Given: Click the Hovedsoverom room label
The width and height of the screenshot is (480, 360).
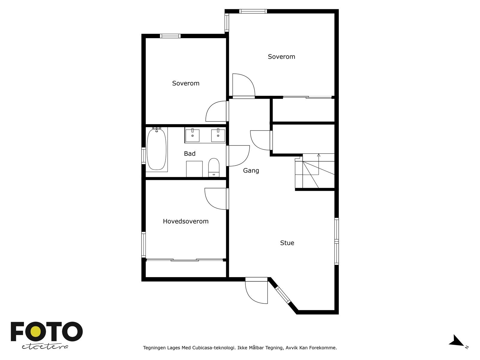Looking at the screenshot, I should point(185,221).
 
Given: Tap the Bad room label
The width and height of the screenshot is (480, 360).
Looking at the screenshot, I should point(190,154).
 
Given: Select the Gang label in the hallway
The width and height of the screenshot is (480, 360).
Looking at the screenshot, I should point(251,170).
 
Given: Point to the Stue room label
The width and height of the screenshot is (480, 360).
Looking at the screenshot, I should point(287,243).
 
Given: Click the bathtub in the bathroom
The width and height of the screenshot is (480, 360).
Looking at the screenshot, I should point(156,149).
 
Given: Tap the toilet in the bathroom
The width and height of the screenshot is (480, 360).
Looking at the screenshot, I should point(214,168).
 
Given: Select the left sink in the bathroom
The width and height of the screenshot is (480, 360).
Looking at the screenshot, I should point(192,135).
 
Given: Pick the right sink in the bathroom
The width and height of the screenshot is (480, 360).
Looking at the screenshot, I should point(218,135).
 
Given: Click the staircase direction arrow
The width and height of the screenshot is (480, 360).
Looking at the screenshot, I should point(318,155).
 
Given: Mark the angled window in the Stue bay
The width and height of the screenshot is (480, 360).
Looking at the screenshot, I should point(283,295).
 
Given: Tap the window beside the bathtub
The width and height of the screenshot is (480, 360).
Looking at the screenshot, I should point(144,156).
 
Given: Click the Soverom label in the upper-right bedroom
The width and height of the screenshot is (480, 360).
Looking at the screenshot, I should point(281,57).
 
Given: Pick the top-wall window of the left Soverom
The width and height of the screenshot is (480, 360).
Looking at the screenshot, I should point(170,36).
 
